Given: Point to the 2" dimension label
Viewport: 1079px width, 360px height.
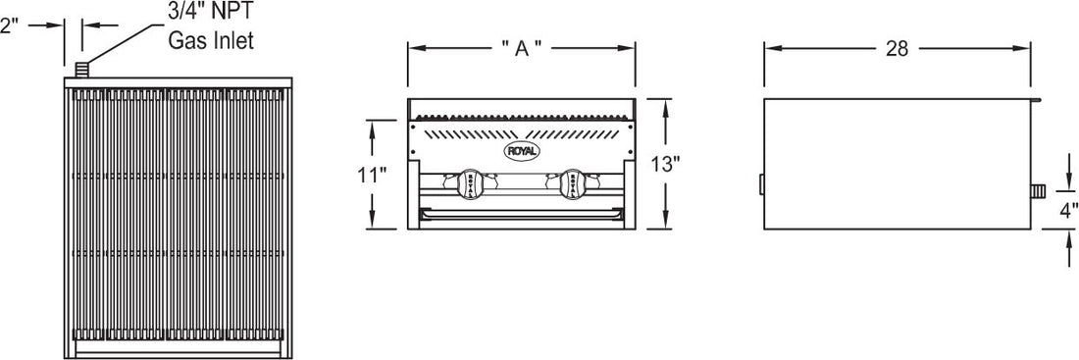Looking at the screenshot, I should click(x=10, y=26).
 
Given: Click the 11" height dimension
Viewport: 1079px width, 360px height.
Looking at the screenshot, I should click(x=372, y=175).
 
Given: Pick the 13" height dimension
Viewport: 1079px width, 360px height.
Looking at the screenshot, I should click(x=666, y=163).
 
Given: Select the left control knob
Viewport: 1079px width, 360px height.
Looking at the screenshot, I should click(x=468, y=182).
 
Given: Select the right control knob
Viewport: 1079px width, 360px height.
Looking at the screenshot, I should click(x=574, y=182).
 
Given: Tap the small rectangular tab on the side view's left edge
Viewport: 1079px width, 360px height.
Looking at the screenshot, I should click(x=761, y=184).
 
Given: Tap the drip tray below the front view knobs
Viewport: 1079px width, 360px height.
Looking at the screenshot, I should click(x=521, y=213).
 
